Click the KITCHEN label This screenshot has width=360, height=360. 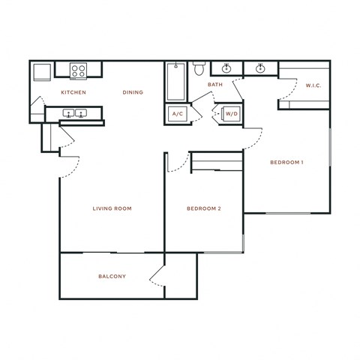pos(73,92)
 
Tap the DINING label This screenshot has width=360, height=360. pos(133,92)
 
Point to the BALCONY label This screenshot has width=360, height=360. pos(112,277)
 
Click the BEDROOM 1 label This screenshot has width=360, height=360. pos(286,162)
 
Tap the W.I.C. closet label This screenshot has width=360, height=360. pos(313,85)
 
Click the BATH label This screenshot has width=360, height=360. pos(215,85)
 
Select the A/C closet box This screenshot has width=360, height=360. pos(178,114)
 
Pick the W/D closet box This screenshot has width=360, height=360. pos(229,114)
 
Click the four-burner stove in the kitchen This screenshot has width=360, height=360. pos(79,70)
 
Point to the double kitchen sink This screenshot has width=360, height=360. pos(74,115)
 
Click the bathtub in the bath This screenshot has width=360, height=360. pos(175,81)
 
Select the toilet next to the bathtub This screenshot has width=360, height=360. pos(199,70)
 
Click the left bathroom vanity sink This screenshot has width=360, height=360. pos(226,70)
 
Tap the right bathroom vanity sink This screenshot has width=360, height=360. pos(261,70)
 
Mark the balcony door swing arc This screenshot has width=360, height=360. pos(156,277)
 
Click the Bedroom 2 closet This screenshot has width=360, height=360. pos(217,162)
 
